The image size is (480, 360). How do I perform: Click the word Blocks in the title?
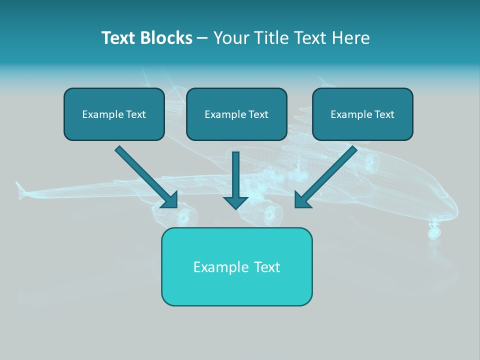pos(167,38)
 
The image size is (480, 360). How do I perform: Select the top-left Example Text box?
pos(114,114)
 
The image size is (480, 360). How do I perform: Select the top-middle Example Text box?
pos(236,114)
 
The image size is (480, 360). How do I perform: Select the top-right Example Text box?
pos(362,114)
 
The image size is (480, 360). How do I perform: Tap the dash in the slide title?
pos(202,38)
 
